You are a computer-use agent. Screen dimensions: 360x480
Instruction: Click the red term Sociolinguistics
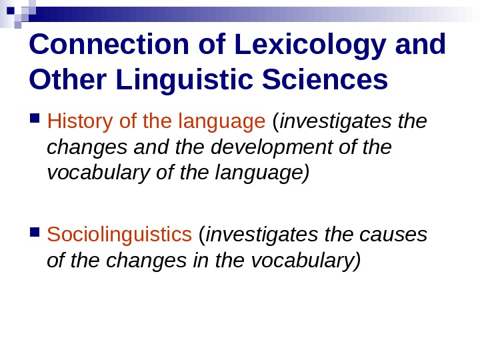(x=119, y=235)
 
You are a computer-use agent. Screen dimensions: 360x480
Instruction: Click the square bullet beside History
(x=35, y=121)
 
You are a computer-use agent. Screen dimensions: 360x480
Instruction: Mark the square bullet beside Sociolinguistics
(x=35, y=233)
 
